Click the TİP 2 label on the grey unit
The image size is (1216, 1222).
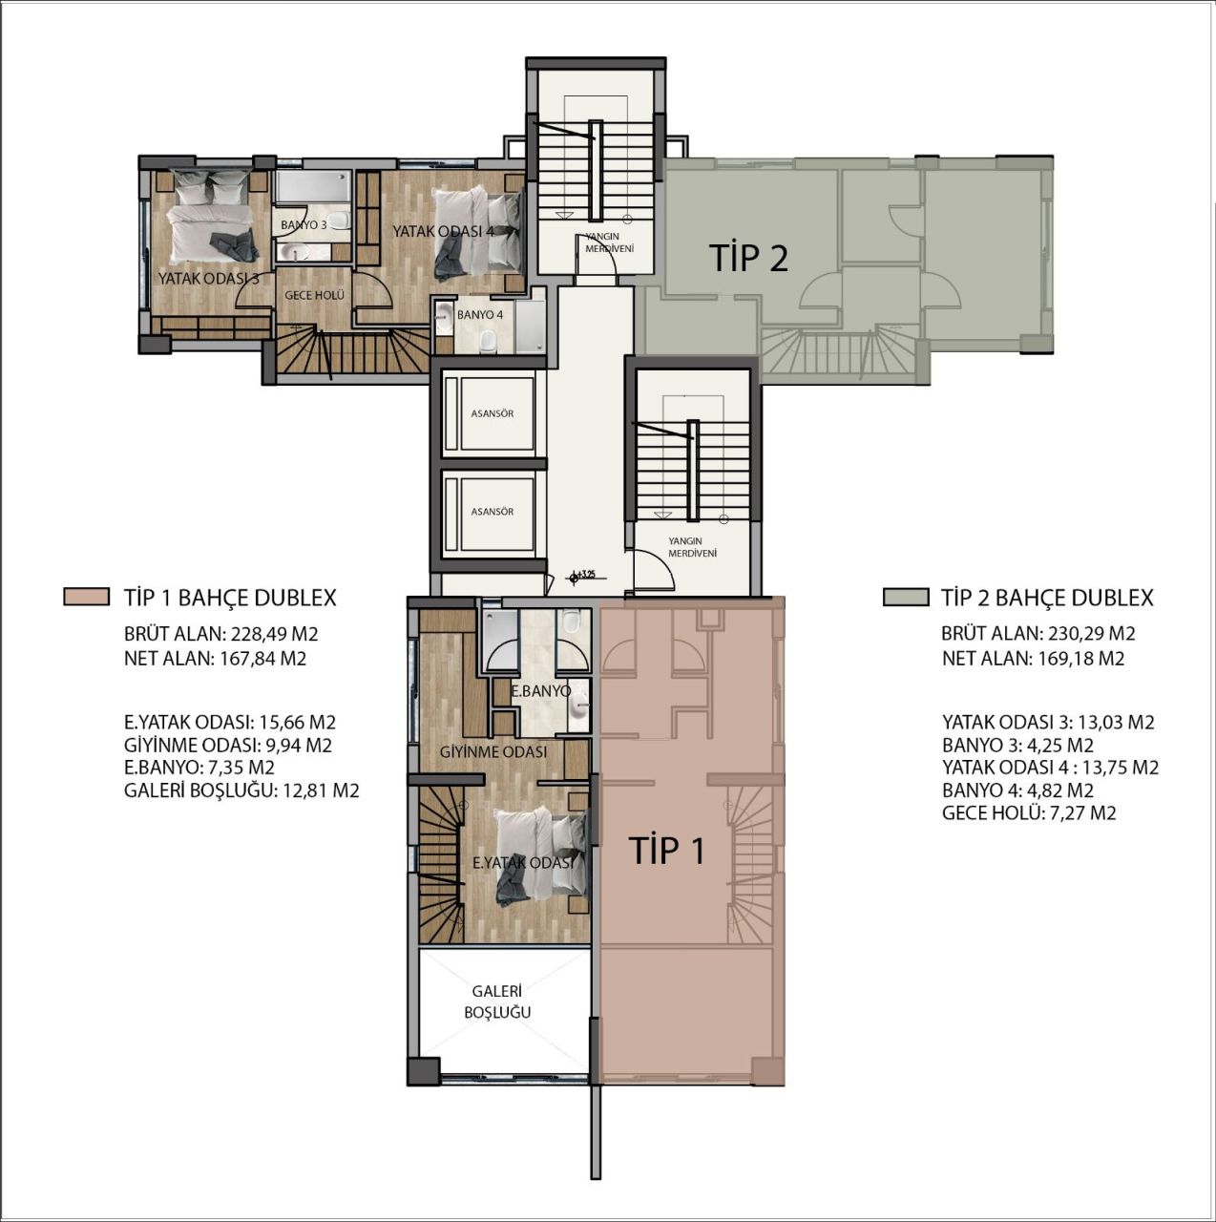749,258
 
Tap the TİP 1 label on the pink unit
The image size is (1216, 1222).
667,850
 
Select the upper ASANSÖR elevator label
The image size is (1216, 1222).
493,413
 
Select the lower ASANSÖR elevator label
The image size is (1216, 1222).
493,512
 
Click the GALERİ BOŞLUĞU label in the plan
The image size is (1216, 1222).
497,1002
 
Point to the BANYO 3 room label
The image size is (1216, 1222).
304,225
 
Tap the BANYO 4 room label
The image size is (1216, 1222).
479,314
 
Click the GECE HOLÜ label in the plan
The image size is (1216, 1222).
314,296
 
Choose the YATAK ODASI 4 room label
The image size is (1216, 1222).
443,231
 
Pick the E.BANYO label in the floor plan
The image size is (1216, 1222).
540,691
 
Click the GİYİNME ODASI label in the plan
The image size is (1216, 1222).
493,752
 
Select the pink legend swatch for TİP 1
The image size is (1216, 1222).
87,598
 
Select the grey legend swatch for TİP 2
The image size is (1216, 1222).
905,598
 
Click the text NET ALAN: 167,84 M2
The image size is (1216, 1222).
215,659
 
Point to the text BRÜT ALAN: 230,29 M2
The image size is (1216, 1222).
1038,633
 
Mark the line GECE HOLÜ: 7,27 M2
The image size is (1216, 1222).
1029,813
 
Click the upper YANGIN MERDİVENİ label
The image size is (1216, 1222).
603,242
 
